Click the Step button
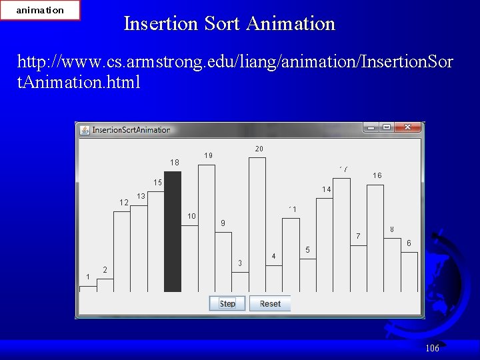click(x=227, y=304)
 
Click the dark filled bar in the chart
click(x=173, y=231)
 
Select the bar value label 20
click(x=259, y=148)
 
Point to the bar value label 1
click(x=87, y=277)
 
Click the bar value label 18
click(x=175, y=162)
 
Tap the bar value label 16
click(x=377, y=175)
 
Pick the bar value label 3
click(x=240, y=263)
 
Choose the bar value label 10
click(x=191, y=216)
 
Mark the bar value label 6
click(x=409, y=243)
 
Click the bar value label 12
click(x=123, y=203)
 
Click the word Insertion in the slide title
click(x=161, y=24)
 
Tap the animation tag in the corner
click(x=40, y=10)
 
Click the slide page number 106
click(x=432, y=348)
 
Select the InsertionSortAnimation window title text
click(x=131, y=130)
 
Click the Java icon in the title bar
click(x=85, y=130)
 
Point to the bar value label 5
click(x=307, y=250)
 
